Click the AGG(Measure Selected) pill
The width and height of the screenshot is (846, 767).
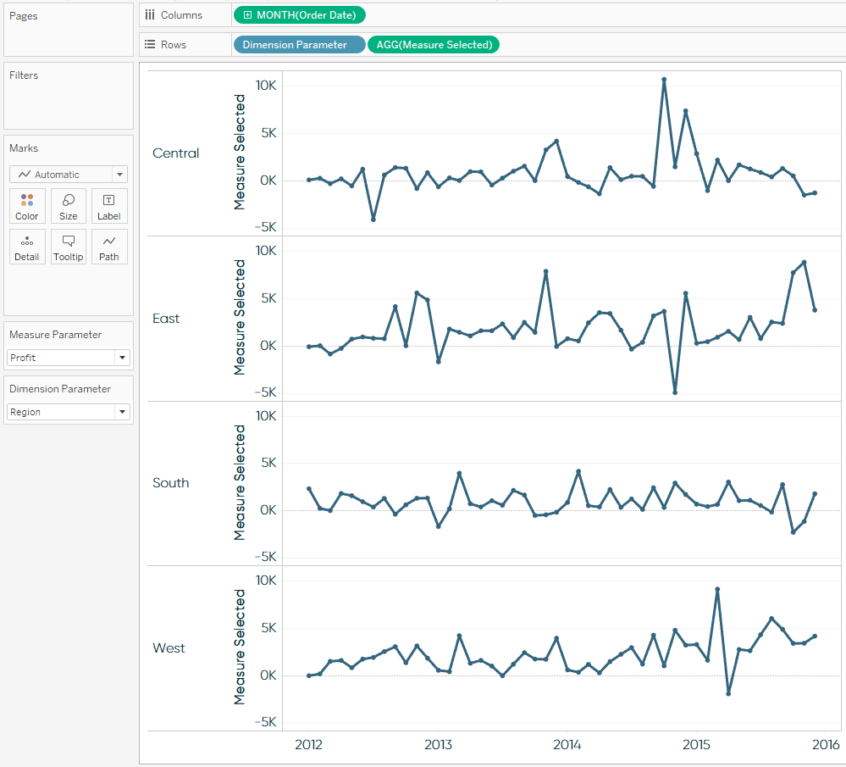click(x=433, y=44)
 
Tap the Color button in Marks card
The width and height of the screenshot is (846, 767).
click(x=27, y=206)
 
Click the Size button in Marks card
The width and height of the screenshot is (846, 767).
click(x=69, y=206)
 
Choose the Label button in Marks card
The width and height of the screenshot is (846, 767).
click(x=109, y=206)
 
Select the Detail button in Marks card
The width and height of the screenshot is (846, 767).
click(x=27, y=247)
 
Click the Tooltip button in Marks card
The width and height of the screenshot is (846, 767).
click(x=69, y=247)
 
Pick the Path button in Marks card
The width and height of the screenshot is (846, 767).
click(x=109, y=247)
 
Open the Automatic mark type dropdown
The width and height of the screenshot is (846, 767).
click(x=69, y=175)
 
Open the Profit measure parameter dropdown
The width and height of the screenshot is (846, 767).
click(x=69, y=358)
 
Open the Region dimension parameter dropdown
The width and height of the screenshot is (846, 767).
click(x=69, y=412)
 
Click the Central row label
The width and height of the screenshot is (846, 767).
click(x=176, y=153)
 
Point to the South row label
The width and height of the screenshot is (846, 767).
click(x=171, y=483)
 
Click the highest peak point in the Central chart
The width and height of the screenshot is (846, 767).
click(x=664, y=79)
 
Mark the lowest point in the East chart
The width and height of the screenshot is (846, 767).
click(x=675, y=392)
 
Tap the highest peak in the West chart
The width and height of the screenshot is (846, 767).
click(x=717, y=589)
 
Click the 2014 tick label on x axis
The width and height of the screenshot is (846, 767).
click(x=567, y=745)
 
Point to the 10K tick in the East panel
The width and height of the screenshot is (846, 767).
click(x=266, y=251)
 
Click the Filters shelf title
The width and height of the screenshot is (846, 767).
click(x=24, y=75)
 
